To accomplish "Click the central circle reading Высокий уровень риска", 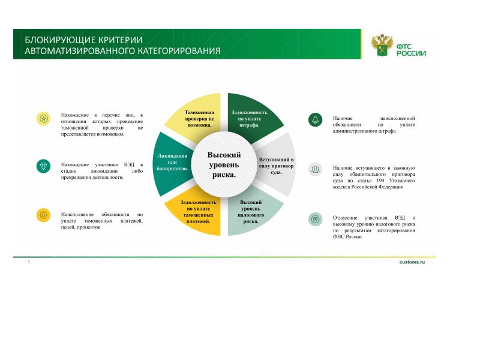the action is pyautogui.click(x=224, y=164).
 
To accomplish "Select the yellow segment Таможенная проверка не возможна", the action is pyautogui.click(x=199, y=118).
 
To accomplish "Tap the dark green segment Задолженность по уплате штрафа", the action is pyautogui.click(x=249, y=117).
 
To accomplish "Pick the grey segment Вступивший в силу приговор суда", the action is pyautogui.click(x=277, y=165).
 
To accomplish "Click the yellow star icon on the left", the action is pyautogui.click(x=43, y=119).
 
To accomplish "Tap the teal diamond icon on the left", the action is pyautogui.click(x=43, y=166).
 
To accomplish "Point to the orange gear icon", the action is pyautogui.click(x=43, y=215).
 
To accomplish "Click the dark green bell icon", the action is pyautogui.click(x=316, y=119).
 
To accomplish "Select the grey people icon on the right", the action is pyautogui.click(x=316, y=169).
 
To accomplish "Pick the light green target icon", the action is pyautogui.click(x=316, y=219).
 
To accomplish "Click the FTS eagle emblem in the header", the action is pyautogui.click(x=382, y=45).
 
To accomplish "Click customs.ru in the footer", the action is pyautogui.click(x=412, y=263).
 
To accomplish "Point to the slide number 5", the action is pyautogui.click(x=28, y=263).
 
